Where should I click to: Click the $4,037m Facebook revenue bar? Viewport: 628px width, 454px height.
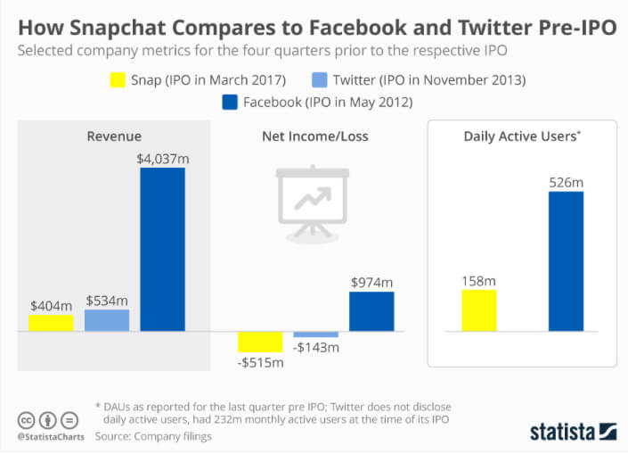pyautogui.click(x=162, y=249)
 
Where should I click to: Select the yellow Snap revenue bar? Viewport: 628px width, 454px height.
pyautogui.click(x=51, y=323)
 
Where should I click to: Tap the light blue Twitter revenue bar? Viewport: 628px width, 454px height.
pyautogui.click(x=107, y=320)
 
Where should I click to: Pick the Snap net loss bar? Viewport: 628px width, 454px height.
pyautogui.click(x=260, y=342)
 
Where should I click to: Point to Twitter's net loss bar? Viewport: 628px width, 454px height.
pyautogui.click(x=315, y=334)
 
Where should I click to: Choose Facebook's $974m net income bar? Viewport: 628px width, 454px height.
pyautogui.click(x=371, y=311)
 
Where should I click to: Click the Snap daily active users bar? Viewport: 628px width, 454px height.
pyautogui.click(x=479, y=310)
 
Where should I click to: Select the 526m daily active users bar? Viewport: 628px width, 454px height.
pyautogui.click(x=566, y=261)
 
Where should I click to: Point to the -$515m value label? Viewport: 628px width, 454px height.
pyautogui.click(x=260, y=362)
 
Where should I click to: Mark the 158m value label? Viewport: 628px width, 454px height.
pyautogui.click(x=479, y=281)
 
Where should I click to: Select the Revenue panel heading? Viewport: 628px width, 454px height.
pyautogui.click(x=114, y=136)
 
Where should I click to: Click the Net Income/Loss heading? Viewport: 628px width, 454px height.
pyautogui.click(x=314, y=136)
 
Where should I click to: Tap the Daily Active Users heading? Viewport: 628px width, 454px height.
pyautogui.click(x=521, y=136)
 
